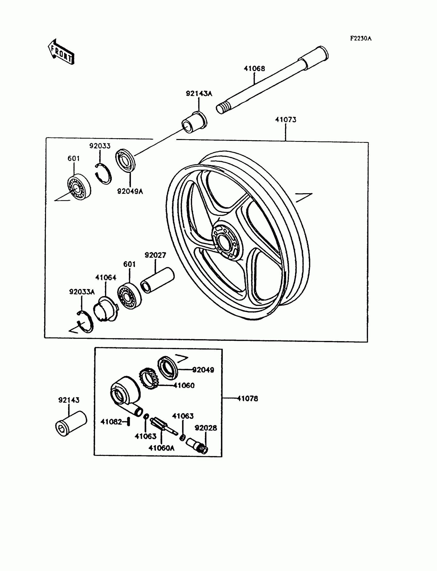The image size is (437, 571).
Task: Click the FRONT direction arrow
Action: (61, 52)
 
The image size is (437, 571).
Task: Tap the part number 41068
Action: (254, 69)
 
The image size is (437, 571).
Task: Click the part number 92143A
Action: (199, 93)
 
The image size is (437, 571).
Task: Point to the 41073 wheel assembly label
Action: (286, 119)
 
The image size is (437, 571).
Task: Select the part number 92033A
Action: (82, 292)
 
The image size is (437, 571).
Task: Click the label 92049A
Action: (130, 191)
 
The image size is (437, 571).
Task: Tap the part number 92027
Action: (155, 255)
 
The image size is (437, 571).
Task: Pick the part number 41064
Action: (106, 278)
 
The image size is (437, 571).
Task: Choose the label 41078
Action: (247, 398)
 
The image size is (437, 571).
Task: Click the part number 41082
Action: (111, 422)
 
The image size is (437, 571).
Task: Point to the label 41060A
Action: (161, 448)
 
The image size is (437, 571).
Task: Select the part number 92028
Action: (206, 428)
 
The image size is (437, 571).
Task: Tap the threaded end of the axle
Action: (222, 108)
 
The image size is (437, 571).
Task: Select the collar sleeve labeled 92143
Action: (71, 423)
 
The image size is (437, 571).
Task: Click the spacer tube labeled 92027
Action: (157, 280)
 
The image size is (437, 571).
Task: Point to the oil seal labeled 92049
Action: (168, 368)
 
